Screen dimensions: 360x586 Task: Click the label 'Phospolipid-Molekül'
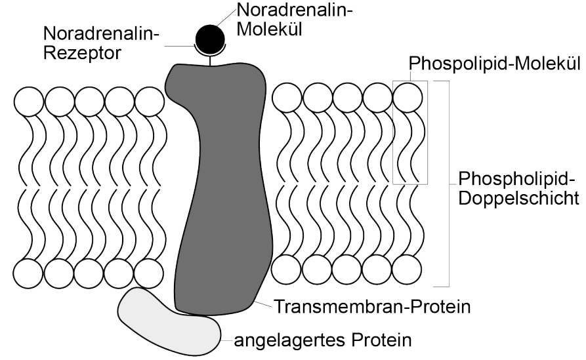[x=495, y=64]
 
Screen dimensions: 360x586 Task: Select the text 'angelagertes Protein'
[x=325, y=340]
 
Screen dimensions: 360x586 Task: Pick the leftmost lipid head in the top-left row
[x=28, y=102]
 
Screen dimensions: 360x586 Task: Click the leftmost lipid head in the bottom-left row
[x=28, y=273]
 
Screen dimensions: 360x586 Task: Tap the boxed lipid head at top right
[x=408, y=97]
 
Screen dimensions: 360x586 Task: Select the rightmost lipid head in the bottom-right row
[x=408, y=269]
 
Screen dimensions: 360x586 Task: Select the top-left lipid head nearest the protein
[x=150, y=102]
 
